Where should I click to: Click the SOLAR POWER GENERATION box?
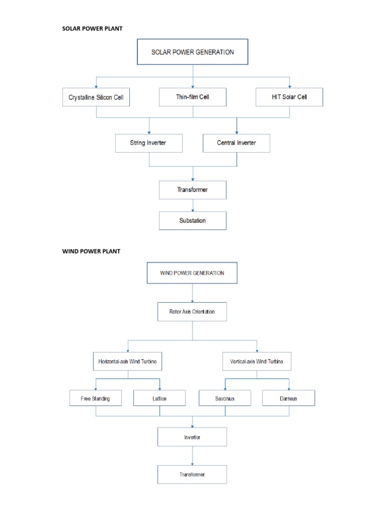[x=192, y=52]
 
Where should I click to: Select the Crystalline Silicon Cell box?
[x=96, y=97]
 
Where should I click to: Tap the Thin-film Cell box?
[x=192, y=97]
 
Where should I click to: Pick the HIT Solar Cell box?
[x=289, y=97]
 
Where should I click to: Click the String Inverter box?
[x=148, y=143]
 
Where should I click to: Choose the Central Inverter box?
[x=236, y=143]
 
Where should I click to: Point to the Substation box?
[x=192, y=220]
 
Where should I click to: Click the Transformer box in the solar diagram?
[x=192, y=190]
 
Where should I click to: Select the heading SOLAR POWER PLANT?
[x=92, y=29]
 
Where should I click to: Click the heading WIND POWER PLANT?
[x=91, y=251]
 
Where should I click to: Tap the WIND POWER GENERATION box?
[x=192, y=274]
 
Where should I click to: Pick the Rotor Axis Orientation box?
[x=192, y=312]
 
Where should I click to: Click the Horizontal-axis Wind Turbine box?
[x=127, y=361]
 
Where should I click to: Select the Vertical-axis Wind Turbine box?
[x=257, y=361]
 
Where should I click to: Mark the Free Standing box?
[x=95, y=399]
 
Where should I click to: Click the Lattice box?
[x=160, y=399]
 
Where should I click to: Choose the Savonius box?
[x=225, y=399]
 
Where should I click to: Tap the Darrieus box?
[x=289, y=399]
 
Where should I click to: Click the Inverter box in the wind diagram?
[x=192, y=437]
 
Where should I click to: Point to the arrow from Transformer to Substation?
[x=192, y=205]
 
